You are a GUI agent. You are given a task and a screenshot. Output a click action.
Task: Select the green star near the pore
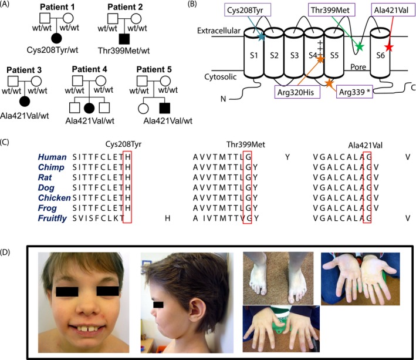(360, 46)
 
